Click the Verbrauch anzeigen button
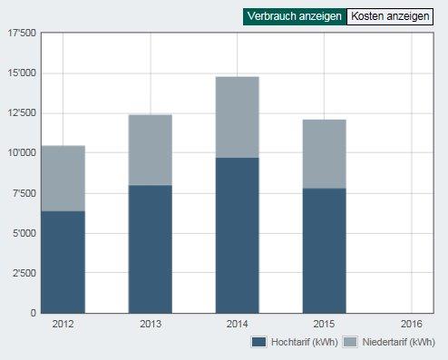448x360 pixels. point(295,16)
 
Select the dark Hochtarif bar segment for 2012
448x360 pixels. point(63,262)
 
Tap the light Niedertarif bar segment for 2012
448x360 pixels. point(63,179)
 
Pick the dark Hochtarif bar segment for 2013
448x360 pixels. point(151,249)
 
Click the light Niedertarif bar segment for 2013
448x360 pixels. point(151,150)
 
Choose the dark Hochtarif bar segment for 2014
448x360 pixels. point(238,236)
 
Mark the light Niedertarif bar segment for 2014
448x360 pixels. point(238,117)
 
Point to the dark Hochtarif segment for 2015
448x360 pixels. point(325,251)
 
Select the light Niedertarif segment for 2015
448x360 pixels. point(325,154)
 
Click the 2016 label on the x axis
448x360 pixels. point(412,325)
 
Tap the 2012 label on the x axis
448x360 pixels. point(63,325)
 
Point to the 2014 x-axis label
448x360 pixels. point(238,325)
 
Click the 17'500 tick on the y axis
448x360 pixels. point(22,33)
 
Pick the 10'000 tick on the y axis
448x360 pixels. point(22,153)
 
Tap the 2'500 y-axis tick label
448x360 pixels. point(24,273)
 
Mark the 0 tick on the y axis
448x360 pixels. point(34,313)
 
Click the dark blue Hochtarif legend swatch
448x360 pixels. point(258,342)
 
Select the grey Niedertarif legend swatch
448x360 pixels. point(350,342)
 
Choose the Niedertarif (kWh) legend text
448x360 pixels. point(399,342)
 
